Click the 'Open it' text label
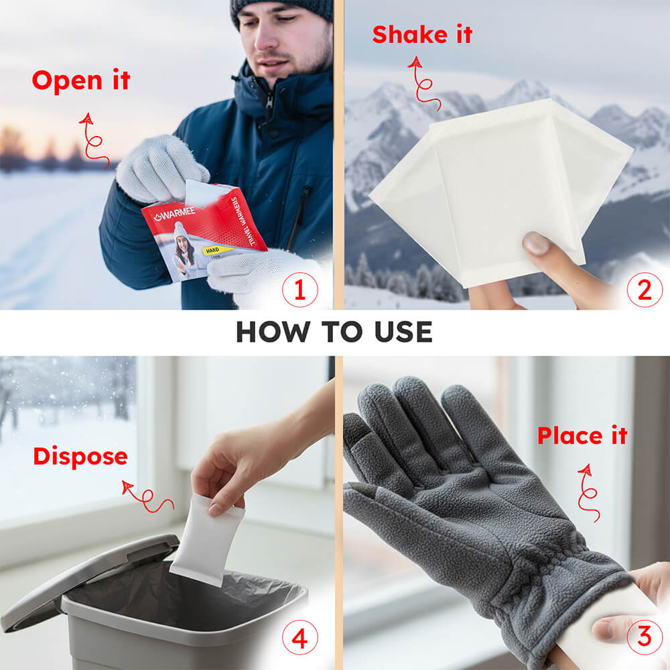tap(80, 81)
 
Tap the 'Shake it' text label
tap(422, 34)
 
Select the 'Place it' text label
tap(582, 435)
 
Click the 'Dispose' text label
tap(80, 456)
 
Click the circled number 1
tap(299, 291)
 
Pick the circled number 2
tap(644, 291)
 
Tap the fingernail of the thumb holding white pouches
tap(536, 243)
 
